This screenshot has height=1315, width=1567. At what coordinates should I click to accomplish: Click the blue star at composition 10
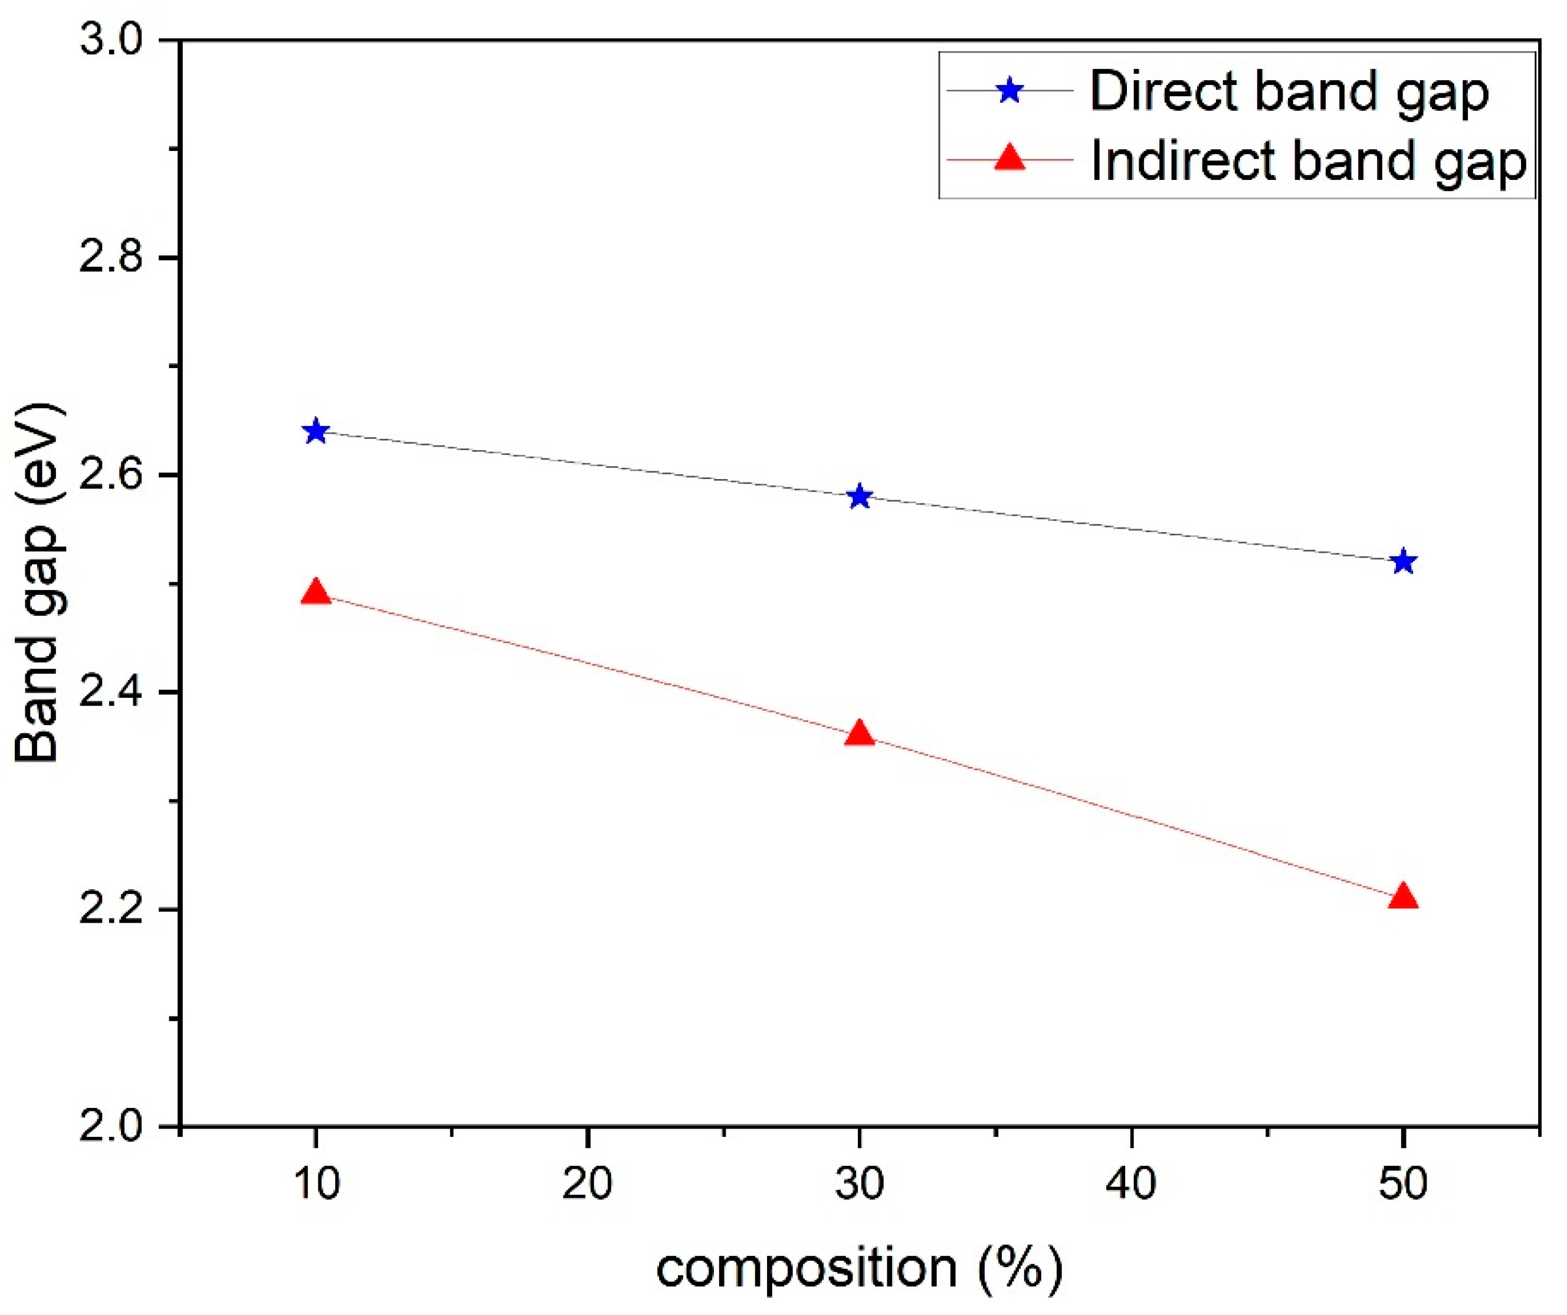[x=316, y=431]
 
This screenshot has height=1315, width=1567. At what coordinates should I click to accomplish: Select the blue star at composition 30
[x=860, y=496]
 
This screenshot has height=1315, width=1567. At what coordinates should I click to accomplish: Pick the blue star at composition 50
[x=1404, y=561]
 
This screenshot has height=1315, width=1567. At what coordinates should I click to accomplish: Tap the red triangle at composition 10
[x=316, y=592]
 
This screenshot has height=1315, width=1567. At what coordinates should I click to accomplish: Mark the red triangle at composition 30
[x=860, y=734]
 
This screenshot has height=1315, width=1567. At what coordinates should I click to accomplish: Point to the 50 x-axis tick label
[x=1403, y=1183]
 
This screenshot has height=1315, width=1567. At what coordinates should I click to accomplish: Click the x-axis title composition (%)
[x=859, y=1269]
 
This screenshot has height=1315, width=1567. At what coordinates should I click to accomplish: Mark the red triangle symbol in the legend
[x=1010, y=158]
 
